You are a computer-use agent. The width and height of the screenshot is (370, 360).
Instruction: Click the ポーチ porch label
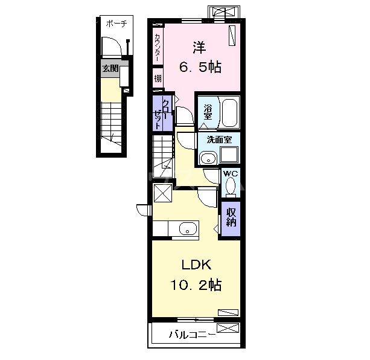[x=116, y=24]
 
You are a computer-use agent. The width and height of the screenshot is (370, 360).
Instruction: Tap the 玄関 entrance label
[x=110, y=68]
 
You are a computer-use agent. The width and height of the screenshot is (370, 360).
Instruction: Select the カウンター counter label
[x=158, y=47]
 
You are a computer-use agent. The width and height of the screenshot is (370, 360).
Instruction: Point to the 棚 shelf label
[x=158, y=78]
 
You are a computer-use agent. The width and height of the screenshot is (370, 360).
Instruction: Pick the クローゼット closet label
[x=162, y=114]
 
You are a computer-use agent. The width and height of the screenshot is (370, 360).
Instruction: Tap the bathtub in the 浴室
[x=229, y=112]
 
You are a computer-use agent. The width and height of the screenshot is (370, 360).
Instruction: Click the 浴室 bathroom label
[x=208, y=112]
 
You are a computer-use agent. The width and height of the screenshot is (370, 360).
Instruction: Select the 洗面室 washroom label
[x=219, y=140]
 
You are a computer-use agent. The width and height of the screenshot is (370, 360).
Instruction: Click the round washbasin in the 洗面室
[x=208, y=158]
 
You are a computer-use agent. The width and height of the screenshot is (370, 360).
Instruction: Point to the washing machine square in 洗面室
[x=229, y=154]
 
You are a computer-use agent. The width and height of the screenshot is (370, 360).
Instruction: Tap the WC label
[x=231, y=174]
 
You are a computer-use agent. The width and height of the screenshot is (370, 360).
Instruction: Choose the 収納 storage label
[x=231, y=217]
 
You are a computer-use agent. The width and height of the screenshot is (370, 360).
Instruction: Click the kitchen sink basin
[x=188, y=228]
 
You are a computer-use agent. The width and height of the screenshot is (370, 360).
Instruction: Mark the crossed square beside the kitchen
[x=163, y=193]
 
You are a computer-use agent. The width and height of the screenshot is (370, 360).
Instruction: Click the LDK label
[x=196, y=265]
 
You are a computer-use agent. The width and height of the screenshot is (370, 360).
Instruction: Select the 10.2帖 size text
[x=196, y=284]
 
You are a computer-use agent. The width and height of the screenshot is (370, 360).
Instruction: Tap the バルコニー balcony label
[x=192, y=335]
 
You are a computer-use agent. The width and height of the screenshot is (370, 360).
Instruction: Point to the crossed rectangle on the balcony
[x=228, y=329]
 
